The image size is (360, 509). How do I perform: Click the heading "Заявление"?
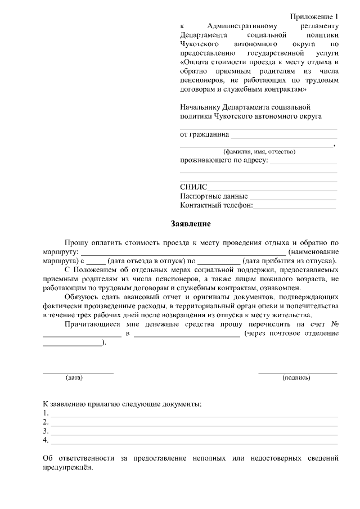click(x=191, y=224)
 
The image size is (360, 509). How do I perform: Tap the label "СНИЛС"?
click(x=193, y=187)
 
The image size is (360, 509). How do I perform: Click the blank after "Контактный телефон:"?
click(x=294, y=207)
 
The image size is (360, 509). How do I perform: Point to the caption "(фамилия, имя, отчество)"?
click(x=259, y=152)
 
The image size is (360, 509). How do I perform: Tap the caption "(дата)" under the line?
click(x=74, y=377)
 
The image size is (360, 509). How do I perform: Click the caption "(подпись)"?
click(x=296, y=377)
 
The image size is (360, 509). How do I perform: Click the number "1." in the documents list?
click(x=46, y=413)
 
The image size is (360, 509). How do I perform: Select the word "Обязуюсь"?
click(x=82, y=296)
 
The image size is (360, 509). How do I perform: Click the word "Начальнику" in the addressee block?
click(x=200, y=107)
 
